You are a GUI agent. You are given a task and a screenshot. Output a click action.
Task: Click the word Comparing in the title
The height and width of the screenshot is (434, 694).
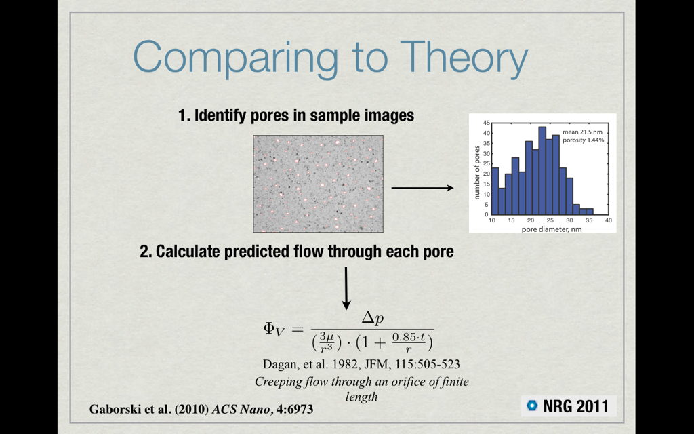tap(235, 58)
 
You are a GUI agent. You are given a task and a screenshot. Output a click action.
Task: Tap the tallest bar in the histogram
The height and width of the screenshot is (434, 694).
tap(542, 170)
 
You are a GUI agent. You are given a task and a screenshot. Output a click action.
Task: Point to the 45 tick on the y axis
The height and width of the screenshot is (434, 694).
tap(487, 123)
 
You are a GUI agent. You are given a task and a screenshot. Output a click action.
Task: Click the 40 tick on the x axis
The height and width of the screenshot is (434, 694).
tap(609, 220)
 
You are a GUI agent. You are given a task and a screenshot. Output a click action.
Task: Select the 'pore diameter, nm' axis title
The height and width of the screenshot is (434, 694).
tap(552, 229)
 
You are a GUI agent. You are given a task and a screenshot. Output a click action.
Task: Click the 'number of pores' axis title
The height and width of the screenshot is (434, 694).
tap(477, 172)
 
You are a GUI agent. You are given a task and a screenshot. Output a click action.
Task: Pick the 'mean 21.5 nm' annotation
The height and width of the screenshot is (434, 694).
tap(582, 132)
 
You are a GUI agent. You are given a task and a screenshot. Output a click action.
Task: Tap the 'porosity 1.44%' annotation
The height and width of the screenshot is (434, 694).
tap(584, 140)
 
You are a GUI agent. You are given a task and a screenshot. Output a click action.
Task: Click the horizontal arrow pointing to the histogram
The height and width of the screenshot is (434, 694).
tap(422, 188)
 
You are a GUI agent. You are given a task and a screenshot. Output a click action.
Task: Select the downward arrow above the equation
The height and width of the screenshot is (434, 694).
tap(346, 288)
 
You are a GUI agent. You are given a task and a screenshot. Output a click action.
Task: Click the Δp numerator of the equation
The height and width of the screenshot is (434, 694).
tap(372, 319)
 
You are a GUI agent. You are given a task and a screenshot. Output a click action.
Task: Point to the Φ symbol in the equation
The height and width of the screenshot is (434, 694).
tap(269, 328)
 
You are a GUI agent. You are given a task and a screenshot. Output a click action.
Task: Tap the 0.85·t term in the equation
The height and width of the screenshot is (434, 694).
tap(409, 337)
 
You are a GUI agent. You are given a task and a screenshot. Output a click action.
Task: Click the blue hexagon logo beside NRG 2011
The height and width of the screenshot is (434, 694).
tap(532, 406)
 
